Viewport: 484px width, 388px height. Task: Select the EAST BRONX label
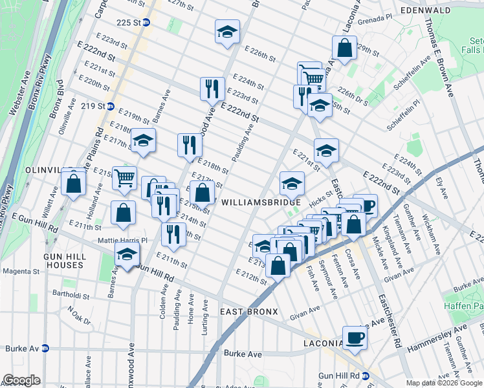click(248, 312)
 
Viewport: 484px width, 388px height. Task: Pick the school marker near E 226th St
click(227, 33)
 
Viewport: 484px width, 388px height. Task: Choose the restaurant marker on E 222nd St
click(212, 88)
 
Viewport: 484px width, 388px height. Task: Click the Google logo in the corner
click(22, 380)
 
